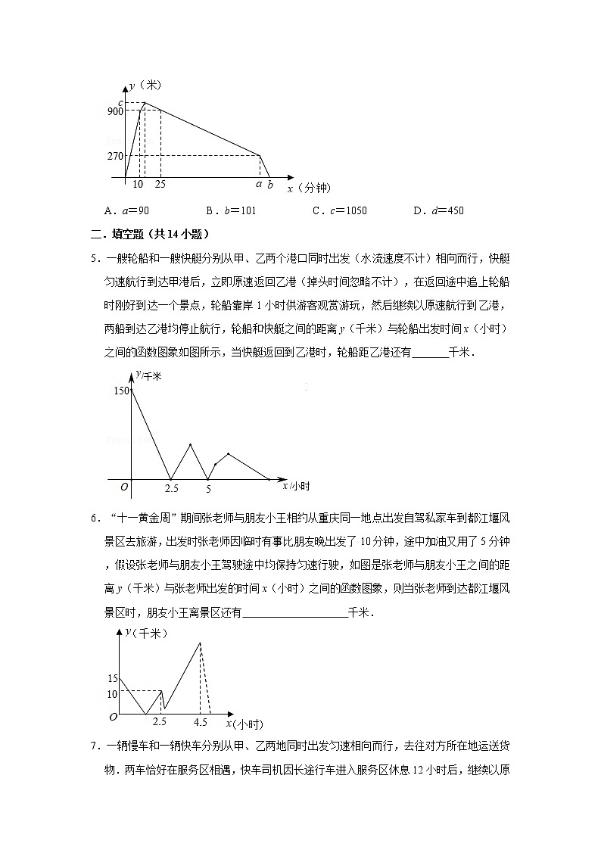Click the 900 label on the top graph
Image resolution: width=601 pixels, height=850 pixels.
pos(115,112)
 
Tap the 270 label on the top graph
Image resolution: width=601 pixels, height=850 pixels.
pos(115,157)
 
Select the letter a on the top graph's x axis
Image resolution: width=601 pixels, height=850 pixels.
pos(259,184)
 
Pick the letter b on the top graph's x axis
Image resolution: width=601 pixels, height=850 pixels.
pos(270,185)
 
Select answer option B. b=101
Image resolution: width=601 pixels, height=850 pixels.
pos(231,210)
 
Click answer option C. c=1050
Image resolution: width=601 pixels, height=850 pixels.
pos(339,210)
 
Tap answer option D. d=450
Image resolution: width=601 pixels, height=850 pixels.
pos(438,210)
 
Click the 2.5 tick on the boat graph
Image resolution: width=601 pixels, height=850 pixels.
pos(172,489)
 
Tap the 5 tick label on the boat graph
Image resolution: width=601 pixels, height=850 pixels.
pos(208,489)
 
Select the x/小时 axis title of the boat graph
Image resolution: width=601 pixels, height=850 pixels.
pos(296,485)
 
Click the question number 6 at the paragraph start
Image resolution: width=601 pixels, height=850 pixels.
pos(95,518)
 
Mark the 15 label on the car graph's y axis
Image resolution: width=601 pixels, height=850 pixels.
pos(113,678)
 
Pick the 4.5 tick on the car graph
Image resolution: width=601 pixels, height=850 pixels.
pos(201,722)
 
